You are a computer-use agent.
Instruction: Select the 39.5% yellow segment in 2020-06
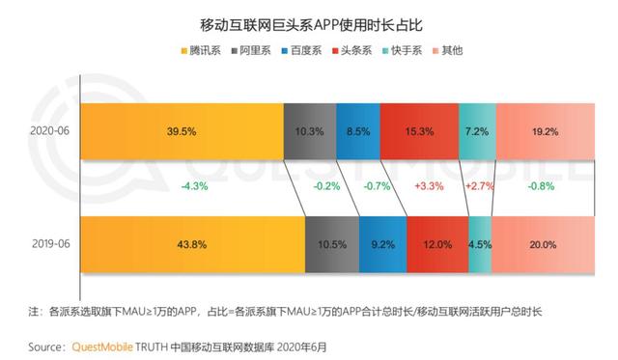[x=182, y=131]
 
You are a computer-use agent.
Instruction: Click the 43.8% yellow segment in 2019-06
[x=192, y=246]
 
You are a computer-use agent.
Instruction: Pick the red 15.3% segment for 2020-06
[x=419, y=131]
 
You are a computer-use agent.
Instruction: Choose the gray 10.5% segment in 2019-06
[x=331, y=246]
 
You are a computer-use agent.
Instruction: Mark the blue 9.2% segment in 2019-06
[x=382, y=246]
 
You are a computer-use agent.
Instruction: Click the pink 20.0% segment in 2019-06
[x=542, y=246]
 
